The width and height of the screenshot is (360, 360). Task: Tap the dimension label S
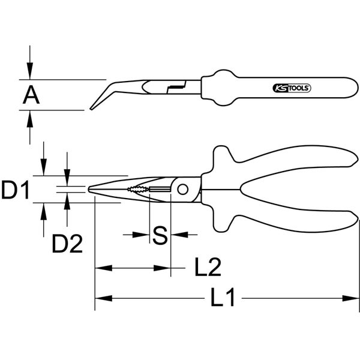pos(160,235)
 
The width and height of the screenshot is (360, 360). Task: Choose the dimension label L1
pos(225,297)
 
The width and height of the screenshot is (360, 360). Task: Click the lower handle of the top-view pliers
pos(282,211)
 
